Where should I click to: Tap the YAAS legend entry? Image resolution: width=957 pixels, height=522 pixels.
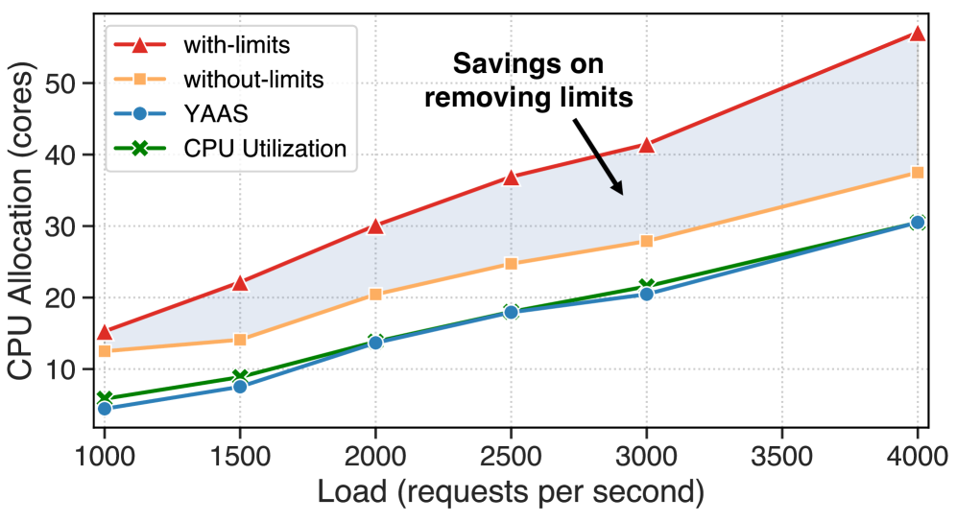tap(206, 114)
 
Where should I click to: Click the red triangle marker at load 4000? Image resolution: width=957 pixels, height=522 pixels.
tap(918, 34)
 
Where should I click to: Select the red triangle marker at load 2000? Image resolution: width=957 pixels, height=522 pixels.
tap(375, 226)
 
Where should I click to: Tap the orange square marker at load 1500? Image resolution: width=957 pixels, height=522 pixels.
tap(240, 340)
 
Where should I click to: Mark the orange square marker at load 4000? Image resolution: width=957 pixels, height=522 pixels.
tap(918, 173)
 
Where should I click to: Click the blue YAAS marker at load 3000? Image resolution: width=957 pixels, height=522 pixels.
tap(646, 294)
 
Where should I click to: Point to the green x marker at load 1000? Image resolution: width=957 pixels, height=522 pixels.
tap(105, 399)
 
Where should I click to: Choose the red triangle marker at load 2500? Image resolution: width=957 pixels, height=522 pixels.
tap(511, 178)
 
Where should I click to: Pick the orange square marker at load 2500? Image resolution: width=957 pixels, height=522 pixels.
tap(511, 264)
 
